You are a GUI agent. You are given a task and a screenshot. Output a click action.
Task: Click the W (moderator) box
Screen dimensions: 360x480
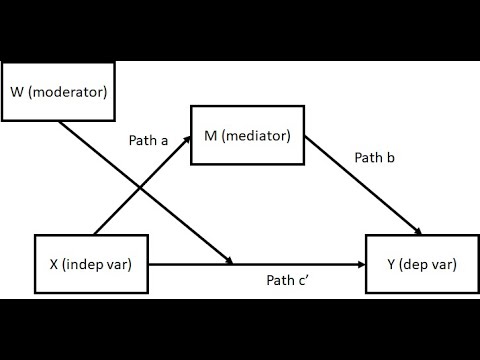(58, 94)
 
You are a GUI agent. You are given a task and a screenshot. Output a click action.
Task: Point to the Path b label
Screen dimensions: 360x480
(377, 158)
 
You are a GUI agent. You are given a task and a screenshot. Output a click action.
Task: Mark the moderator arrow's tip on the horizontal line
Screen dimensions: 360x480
(231, 262)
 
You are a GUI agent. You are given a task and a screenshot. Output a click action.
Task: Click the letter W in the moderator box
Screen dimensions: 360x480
(17, 94)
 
